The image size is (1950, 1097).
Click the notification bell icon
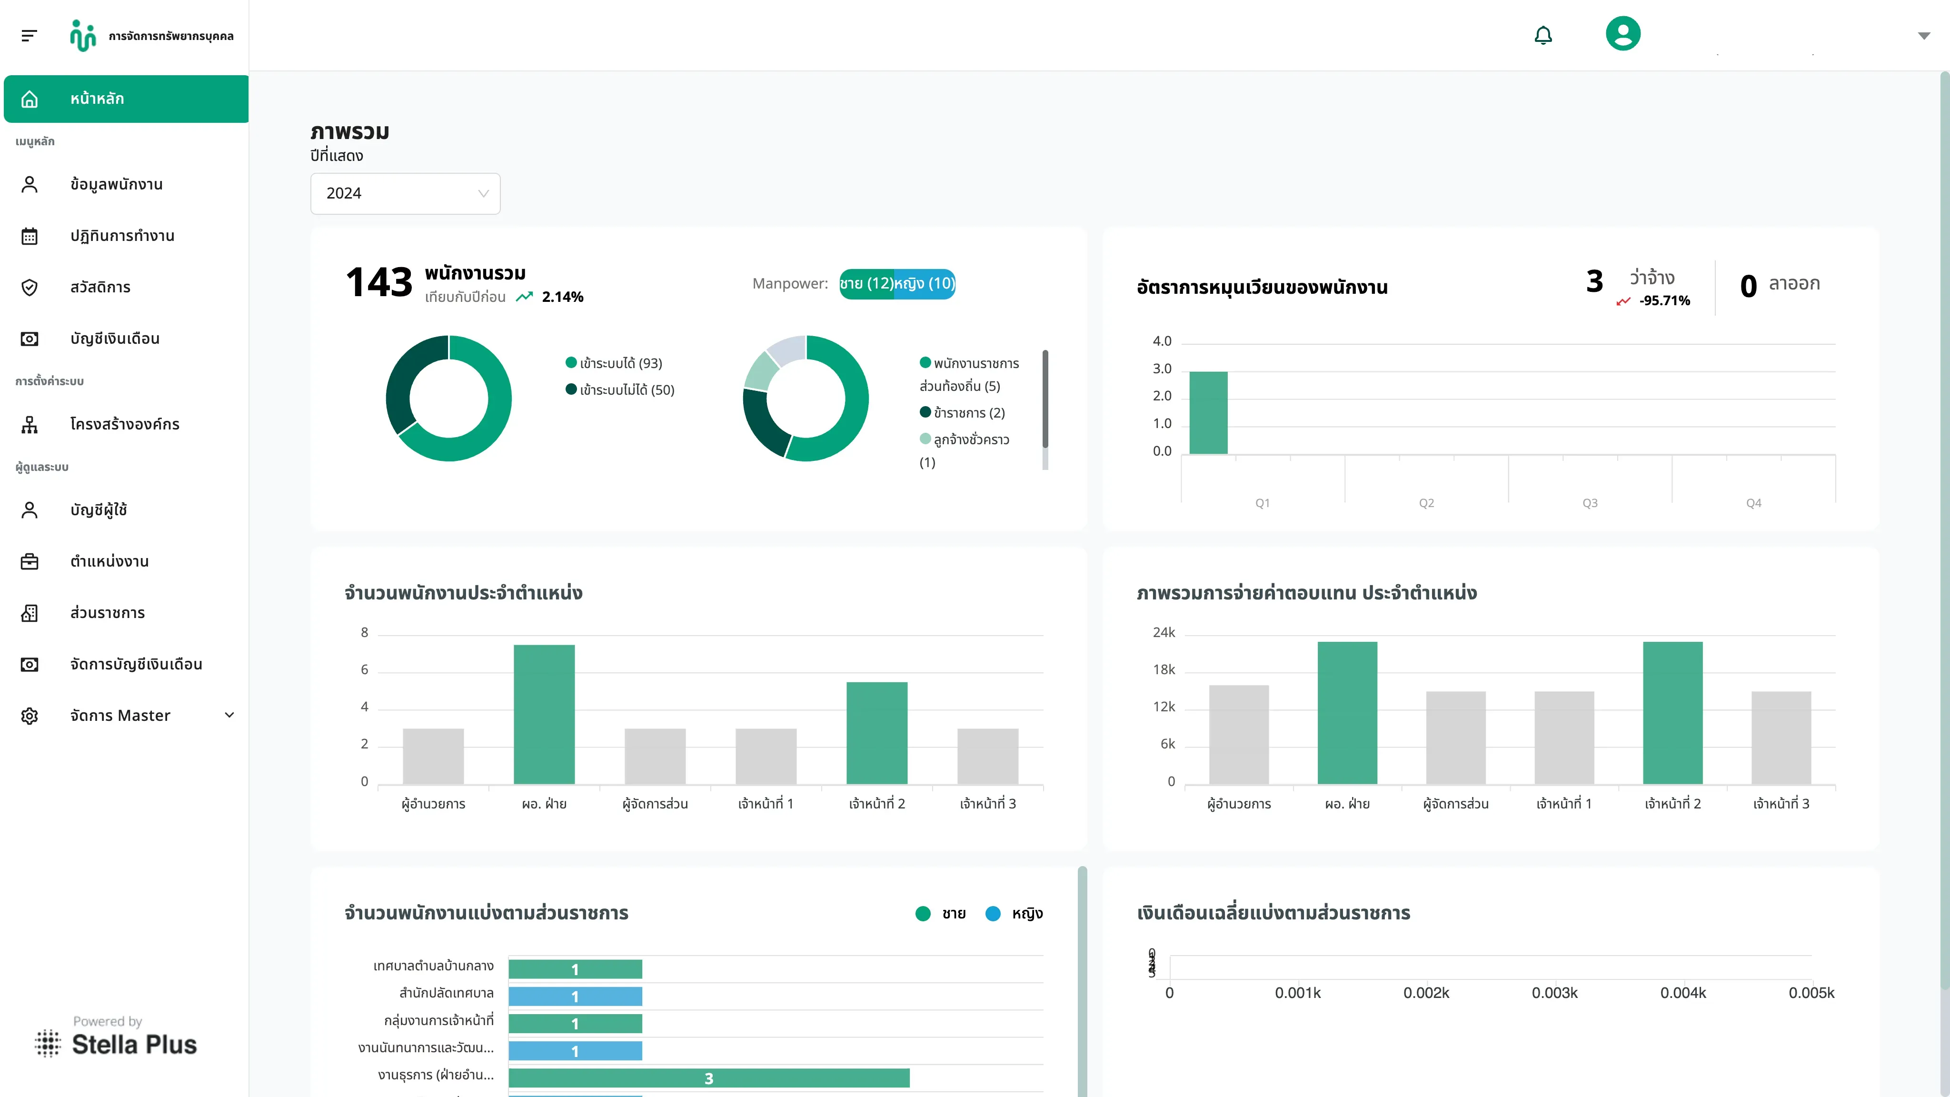click(x=1543, y=35)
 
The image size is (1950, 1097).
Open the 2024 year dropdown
click(x=405, y=193)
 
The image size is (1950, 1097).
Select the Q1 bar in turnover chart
click(x=1208, y=413)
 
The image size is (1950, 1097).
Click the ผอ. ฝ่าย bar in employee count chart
click(x=544, y=714)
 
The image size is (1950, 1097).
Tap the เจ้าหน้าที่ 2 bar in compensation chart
click(x=1672, y=712)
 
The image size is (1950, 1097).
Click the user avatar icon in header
click(x=1623, y=33)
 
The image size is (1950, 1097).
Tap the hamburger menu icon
click(x=29, y=36)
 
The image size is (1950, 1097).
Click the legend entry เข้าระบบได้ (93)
click(x=614, y=363)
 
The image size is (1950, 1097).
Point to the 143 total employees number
click(x=378, y=282)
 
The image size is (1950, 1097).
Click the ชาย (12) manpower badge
click(x=867, y=284)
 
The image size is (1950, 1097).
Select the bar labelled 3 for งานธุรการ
click(x=708, y=1078)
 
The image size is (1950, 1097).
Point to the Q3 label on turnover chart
click(x=1590, y=503)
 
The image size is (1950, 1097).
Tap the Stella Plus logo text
click(x=134, y=1045)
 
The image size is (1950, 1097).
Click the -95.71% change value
click(x=1665, y=300)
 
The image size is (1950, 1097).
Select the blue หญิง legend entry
click(x=1015, y=914)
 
